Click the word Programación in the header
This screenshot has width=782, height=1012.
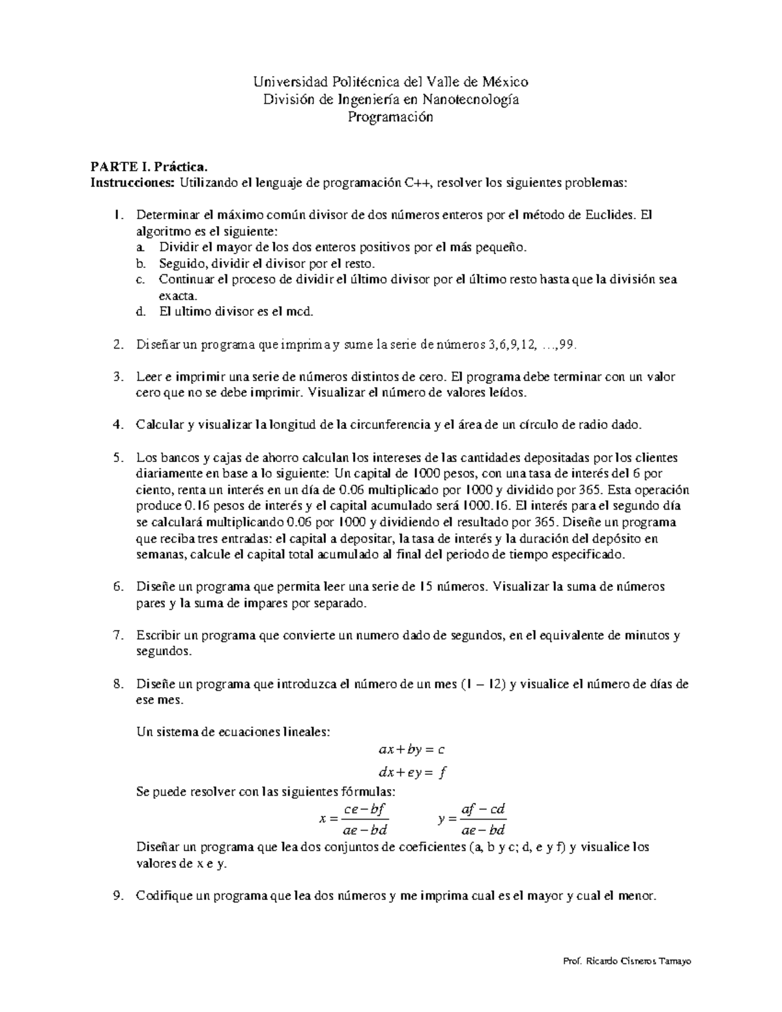[x=390, y=117]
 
